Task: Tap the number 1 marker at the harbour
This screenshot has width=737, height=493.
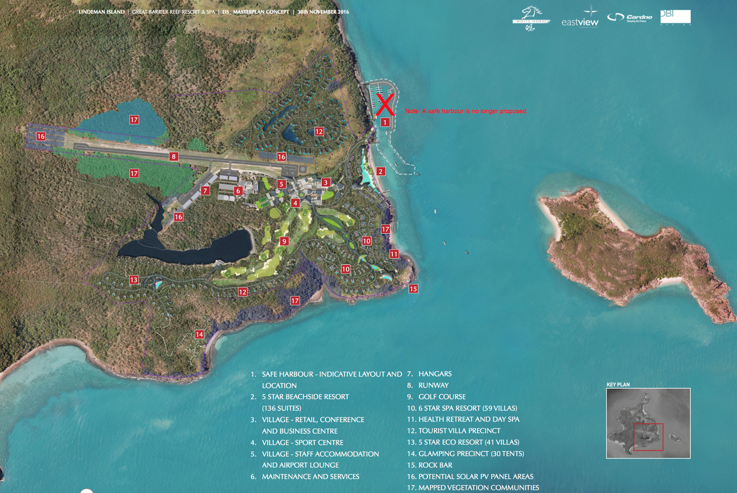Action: tap(385, 123)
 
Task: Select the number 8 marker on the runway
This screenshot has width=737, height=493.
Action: tap(174, 157)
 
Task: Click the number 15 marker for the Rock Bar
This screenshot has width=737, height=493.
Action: tap(413, 288)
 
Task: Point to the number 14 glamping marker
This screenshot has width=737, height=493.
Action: tap(199, 334)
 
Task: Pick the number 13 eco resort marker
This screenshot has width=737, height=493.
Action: tap(134, 280)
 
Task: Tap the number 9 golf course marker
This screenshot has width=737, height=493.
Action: tap(284, 241)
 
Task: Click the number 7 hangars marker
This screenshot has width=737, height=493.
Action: tap(205, 191)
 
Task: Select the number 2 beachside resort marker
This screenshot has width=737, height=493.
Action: tap(381, 171)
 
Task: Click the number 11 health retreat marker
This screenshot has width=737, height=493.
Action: tap(394, 254)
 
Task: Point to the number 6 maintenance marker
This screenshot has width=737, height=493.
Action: tap(238, 191)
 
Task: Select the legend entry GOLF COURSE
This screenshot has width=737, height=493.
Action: tap(442, 397)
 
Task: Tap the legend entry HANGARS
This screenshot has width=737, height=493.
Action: tap(435, 374)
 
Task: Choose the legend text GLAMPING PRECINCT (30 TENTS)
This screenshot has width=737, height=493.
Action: tap(471, 454)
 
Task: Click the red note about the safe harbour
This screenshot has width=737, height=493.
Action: tap(466, 111)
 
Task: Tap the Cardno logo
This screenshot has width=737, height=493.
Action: tap(630, 18)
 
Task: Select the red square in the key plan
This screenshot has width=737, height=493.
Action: tap(648, 437)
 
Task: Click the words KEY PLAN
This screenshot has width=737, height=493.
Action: tap(618, 385)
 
